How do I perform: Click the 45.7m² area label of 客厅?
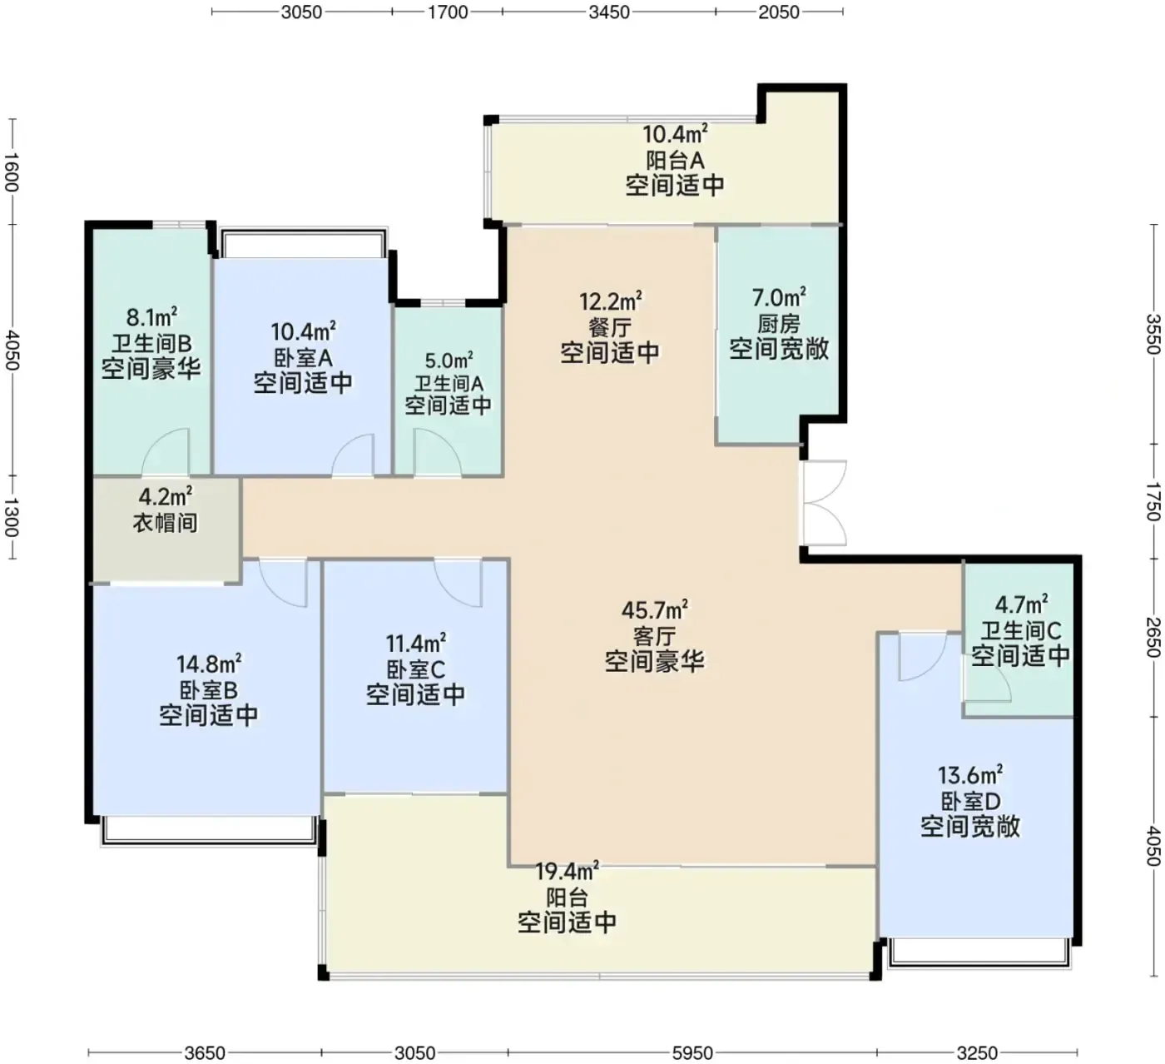tap(655, 610)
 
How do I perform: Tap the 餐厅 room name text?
tap(610, 327)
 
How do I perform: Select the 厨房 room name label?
tap(778, 323)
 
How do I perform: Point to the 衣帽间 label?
tap(166, 522)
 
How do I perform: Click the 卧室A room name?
tap(303, 357)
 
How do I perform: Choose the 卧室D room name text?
tap(970, 802)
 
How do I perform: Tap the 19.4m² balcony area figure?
tap(567, 872)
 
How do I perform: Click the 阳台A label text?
tap(675, 160)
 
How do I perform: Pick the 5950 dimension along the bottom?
tap(692, 1052)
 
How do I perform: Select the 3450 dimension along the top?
tap(608, 12)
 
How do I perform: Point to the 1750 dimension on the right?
tap(1154, 501)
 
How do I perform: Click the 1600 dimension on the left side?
tap(12, 172)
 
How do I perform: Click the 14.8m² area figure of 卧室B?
tap(209, 663)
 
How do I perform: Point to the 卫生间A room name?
tap(449, 384)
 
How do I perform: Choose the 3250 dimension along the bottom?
tap(978, 1052)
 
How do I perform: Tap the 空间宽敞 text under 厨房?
tap(779, 349)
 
